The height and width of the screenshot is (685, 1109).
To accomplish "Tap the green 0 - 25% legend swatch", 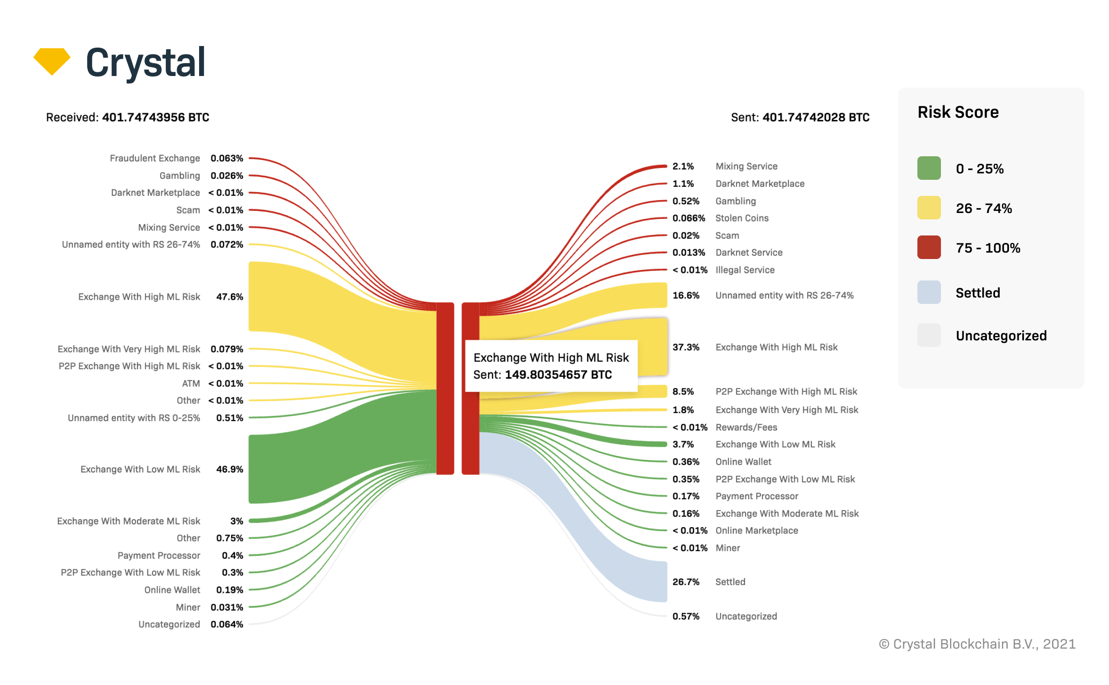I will (x=929, y=168).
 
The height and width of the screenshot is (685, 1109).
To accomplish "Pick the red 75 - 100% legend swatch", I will (x=929, y=247).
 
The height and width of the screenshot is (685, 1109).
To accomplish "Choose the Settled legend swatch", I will (x=929, y=292).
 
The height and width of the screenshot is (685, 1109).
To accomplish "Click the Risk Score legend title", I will (x=958, y=112).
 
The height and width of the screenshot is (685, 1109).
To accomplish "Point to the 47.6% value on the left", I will (x=230, y=296).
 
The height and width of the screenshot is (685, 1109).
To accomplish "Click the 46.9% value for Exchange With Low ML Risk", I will (x=230, y=469).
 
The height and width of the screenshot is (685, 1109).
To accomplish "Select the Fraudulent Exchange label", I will (x=155, y=158).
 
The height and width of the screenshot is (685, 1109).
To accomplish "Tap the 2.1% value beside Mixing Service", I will (x=683, y=166).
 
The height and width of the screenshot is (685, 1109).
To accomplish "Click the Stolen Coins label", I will (x=742, y=218).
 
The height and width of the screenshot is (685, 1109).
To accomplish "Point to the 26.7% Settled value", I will (x=686, y=582).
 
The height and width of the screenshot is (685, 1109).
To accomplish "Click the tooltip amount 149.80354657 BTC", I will (x=558, y=375).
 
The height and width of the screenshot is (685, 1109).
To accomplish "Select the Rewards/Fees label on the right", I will (x=746, y=427).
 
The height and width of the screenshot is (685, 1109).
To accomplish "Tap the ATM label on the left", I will (x=191, y=383).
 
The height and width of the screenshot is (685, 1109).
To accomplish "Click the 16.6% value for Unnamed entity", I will (x=686, y=295).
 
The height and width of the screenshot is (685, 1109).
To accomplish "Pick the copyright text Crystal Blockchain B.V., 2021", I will (x=977, y=644).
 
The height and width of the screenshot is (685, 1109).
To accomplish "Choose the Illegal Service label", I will (x=745, y=270).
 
